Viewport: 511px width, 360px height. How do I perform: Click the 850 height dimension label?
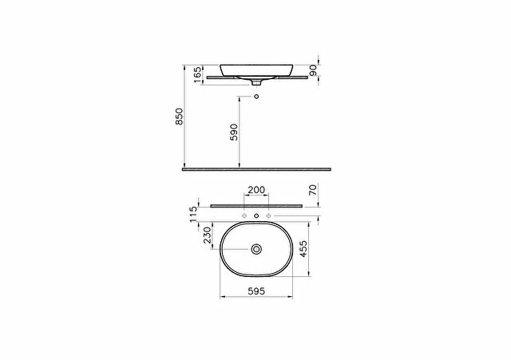[179, 117]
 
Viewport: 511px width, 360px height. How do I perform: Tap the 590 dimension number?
[234, 132]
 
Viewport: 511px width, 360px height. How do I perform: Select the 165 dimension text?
[197, 74]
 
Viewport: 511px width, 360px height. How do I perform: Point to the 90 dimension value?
[313, 70]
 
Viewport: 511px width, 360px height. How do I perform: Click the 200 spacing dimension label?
[256, 190]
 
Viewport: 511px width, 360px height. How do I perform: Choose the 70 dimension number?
[313, 189]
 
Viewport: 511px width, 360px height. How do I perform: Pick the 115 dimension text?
[193, 214]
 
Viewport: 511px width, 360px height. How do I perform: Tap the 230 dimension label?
[208, 235]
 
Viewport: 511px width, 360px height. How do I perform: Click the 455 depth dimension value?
[303, 249]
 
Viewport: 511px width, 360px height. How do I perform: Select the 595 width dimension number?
[256, 291]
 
